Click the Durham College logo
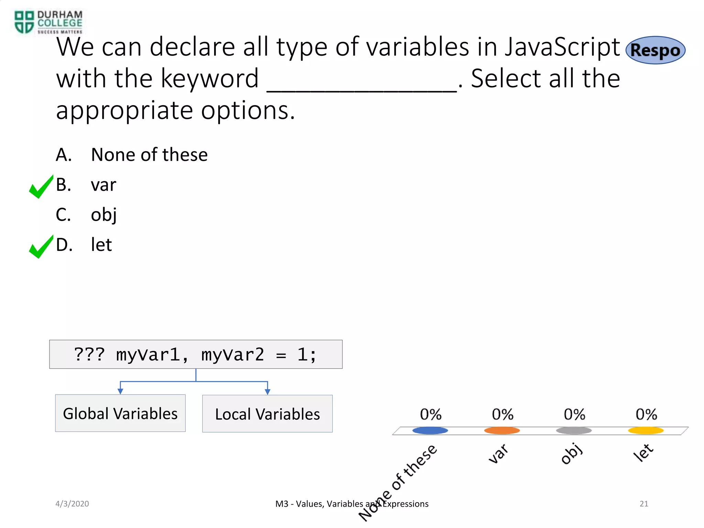click(48, 22)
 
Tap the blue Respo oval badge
click(655, 50)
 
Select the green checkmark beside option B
click(41, 187)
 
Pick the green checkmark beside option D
click(41, 246)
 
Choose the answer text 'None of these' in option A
click(149, 155)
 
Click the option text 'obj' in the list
click(103, 215)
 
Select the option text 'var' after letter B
click(103, 185)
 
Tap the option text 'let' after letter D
click(101, 245)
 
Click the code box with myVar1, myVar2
click(196, 354)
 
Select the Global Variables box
click(120, 413)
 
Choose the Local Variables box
click(267, 414)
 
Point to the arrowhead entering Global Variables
click(120, 391)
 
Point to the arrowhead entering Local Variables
click(267, 392)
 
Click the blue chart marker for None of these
click(430, 430)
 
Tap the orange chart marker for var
click(502, 430)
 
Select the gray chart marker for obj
click(574, 430)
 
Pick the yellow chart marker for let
click(646, 430)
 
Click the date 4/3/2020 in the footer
click(72, 504)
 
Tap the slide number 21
click(644, 504)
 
